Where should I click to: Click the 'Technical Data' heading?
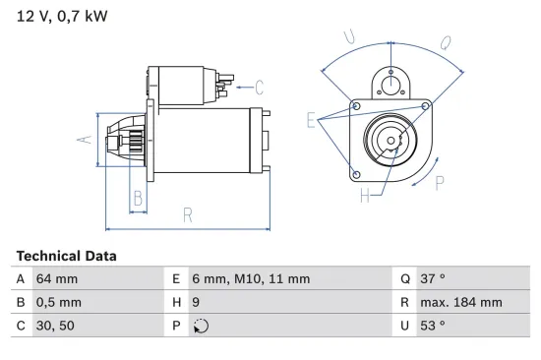point(66,256)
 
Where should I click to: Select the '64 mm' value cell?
point(57,279)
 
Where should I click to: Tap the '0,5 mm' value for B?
point(61,302)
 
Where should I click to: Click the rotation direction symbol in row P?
point(202,326)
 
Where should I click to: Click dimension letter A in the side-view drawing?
point(84,140)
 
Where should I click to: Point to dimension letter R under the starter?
point(186,215)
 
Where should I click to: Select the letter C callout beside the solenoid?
point(261,86)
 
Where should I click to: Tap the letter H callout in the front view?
point(364,195)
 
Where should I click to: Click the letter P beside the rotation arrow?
point(440,180)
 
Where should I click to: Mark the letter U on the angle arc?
point(348,37)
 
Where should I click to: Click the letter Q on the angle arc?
point(446,42)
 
